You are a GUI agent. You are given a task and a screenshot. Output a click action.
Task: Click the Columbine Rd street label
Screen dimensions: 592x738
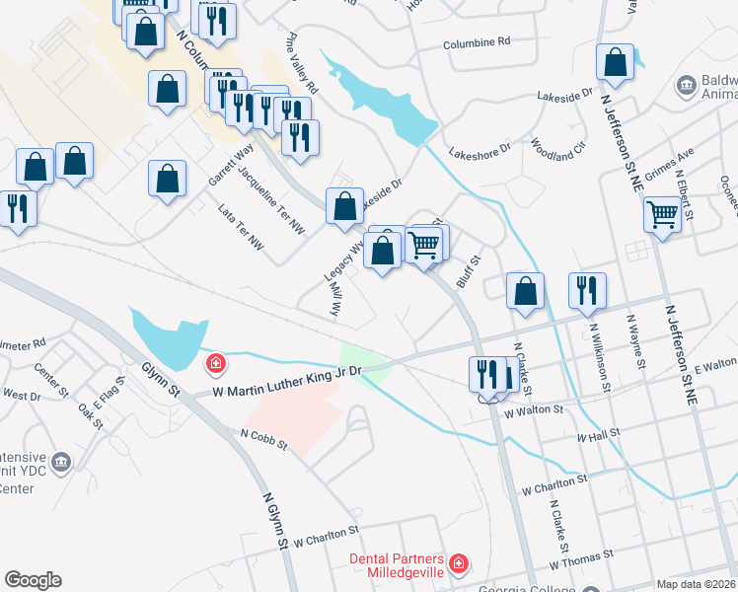click(x=477, y=42)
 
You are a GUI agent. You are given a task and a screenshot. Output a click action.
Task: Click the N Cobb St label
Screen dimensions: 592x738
click(x=261, y=438)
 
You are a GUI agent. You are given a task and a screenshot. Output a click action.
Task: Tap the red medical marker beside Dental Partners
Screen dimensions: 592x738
click(x=458, y=565)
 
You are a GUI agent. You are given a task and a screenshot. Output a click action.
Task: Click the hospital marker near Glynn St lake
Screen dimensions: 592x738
click(x=214, y=365)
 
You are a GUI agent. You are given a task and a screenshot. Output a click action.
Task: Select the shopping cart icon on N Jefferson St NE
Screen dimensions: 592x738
click(x=662, y=212)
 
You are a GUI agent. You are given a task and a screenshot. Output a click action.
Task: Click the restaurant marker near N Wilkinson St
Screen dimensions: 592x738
click(x=587, y=289)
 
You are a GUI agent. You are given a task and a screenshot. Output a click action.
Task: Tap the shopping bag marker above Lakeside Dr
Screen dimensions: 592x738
click(x=344, y=206)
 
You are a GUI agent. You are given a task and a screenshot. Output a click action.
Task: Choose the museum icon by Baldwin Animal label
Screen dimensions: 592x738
click(x=684, y=86)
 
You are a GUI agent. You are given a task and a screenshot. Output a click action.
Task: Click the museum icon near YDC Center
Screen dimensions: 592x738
click(x=61, y=461)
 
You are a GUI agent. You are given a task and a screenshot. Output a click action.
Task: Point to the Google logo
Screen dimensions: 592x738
click(x=33, y=580)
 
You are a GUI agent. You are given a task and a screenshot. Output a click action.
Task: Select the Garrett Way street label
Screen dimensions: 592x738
click(x=230, y=164)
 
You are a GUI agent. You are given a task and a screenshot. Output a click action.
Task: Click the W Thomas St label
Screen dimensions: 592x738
click(x=580, y=562)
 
